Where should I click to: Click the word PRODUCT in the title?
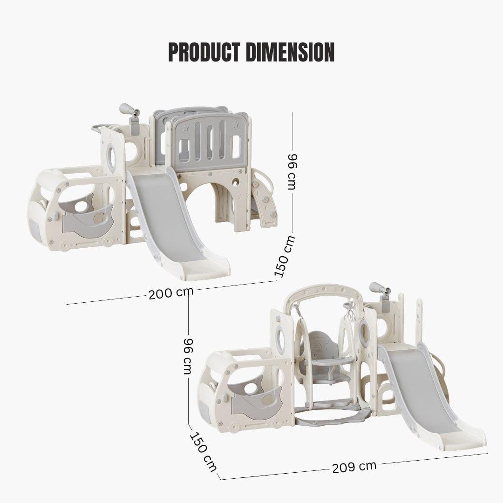[x=204, y=52]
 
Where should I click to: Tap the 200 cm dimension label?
[x=171, y=293]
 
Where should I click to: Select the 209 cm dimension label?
[x=354, y=467]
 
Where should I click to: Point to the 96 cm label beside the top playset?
[x=292, y=171]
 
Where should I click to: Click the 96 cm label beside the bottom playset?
[x=188, y=356]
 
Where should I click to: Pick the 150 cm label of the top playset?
[x=284, y=257]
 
